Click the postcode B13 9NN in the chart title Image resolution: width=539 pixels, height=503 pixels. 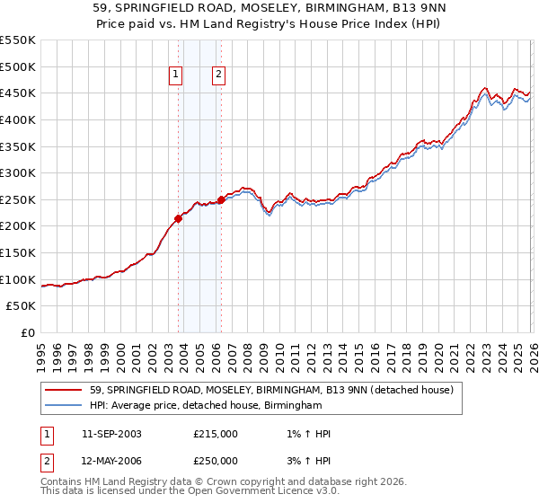click(x=405, y=8)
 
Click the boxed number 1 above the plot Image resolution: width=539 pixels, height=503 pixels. click(x=175, y=75)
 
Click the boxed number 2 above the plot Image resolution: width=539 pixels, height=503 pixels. click(x=218, y=75)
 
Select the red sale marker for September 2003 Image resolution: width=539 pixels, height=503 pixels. click(x=178, y=218)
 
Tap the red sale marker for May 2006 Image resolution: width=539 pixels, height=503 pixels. click(x=221, y=200)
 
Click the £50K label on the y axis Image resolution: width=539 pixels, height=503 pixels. click(x=22, y=306)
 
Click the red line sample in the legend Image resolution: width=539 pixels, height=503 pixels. click(x=65, y=390)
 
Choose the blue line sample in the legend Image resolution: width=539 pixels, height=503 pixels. click(x=65, y=406)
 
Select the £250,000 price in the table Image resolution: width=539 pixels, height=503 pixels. click(x=216, y=461)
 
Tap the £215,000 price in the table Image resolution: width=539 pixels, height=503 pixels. click(x=216, y=434)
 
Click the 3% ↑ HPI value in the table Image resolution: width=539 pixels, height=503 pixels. click(x=306, y=461)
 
